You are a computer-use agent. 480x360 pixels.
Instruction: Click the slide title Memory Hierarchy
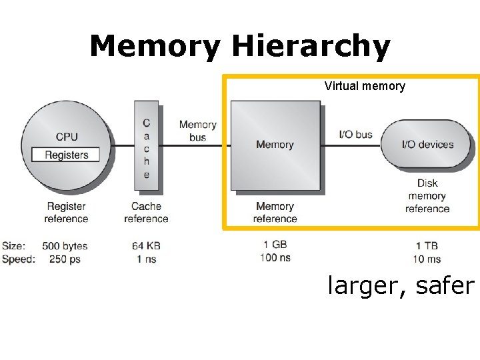(239, 47)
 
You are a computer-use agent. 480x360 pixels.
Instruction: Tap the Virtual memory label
(365, 86)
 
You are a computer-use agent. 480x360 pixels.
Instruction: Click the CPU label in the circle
(67, 137)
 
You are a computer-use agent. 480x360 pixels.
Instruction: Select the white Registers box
(66, 155)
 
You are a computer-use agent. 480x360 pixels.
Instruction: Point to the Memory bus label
(197, 131)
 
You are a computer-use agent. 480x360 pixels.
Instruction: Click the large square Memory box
(275, 145)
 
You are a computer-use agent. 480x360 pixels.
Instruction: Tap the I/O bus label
(356, 135)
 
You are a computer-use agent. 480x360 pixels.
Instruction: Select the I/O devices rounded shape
(427, 144)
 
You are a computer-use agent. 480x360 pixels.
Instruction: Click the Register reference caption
(66, 213)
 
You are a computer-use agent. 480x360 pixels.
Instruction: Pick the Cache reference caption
(146, 213)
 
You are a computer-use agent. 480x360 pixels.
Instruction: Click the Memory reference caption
(275, 213)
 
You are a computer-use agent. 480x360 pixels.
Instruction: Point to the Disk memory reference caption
(427, 196)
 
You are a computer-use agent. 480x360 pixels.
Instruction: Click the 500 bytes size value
(65, 246)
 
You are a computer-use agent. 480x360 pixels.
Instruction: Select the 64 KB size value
(146, 246)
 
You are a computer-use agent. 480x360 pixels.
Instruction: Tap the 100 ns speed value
(275, 257)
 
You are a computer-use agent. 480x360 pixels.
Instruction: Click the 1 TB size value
(427, 246)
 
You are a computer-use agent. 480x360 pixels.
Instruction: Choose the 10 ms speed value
(427, 259)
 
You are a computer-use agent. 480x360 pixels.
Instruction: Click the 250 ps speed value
(65, 259)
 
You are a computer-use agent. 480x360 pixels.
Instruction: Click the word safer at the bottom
(445, 286)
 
